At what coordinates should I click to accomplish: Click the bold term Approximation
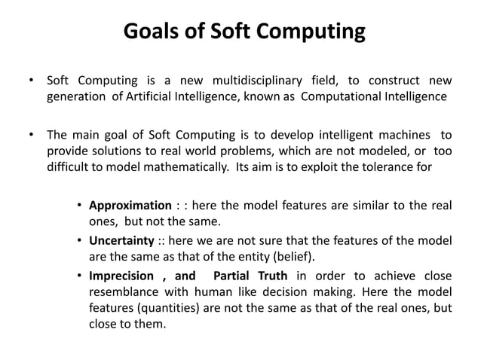(x=130, y=206)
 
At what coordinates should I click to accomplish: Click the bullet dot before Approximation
(x=79, y=206)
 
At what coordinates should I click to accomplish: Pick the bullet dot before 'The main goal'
(x=31, y=136)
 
